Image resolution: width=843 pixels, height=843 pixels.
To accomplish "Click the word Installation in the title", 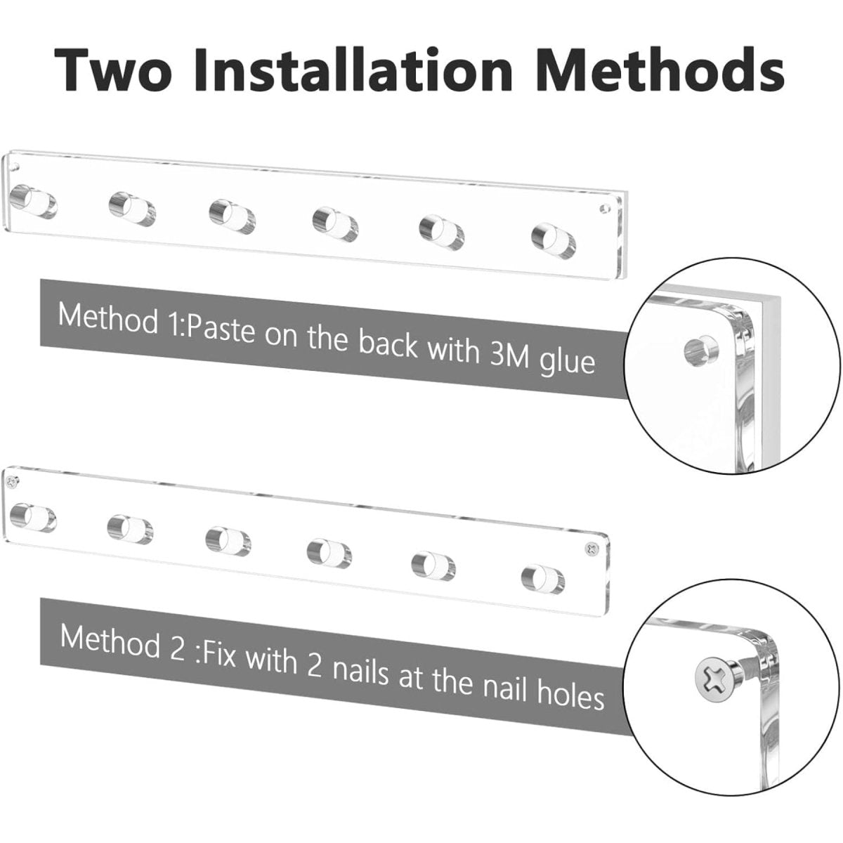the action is click(x=353, y=70).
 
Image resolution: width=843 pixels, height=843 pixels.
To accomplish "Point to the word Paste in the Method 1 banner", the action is click(x=220, y=331).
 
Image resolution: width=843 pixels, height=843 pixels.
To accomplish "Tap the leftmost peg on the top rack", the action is click(x=34, y=202).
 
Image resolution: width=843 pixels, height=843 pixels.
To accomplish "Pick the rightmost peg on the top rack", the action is click(x=554, y=240).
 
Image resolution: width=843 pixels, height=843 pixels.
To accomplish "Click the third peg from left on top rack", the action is click(x=232, y=216).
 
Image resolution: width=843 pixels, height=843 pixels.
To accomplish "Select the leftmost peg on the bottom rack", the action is click(x=33, y=518).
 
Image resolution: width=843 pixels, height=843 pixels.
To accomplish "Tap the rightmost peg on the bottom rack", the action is click(x=543, y=580).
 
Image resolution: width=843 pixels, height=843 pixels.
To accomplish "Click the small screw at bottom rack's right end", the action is click(x=593, y=548).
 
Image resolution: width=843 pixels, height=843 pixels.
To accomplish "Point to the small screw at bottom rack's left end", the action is click(x=14, y=481).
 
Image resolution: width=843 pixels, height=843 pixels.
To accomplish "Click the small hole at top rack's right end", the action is click(x=605, y=208).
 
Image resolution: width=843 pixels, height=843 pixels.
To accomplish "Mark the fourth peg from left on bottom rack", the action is click(x=329, y=554).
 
